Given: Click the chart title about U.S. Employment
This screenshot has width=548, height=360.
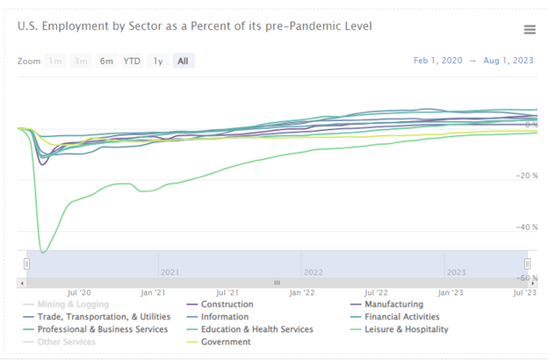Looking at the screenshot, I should [194, 25].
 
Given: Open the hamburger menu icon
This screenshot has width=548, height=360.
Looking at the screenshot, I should [530, 30].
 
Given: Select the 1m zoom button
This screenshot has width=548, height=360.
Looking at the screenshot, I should [55, 61].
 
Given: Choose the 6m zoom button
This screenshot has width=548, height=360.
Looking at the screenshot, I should [106, 61].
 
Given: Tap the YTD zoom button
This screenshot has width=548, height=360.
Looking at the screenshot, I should [132, 61].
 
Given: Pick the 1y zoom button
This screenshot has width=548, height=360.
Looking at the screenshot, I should [158, 61].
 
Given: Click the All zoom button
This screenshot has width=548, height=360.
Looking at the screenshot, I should [183, 61].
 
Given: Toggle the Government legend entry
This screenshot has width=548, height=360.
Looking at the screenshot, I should [226, 342].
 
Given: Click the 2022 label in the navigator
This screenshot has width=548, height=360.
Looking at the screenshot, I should [314, 271].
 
